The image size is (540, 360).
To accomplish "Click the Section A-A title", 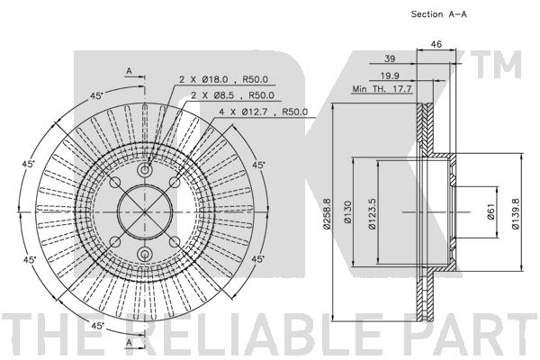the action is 439,14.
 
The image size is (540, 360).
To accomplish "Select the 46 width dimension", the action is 436,44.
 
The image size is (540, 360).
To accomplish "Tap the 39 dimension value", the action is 390,58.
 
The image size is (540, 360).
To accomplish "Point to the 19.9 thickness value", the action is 390,76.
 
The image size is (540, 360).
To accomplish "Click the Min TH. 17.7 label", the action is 382,89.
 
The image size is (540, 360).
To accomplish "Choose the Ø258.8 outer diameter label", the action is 327,213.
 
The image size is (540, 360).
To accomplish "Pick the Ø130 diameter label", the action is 347,211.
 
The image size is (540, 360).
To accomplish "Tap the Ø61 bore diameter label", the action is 490,211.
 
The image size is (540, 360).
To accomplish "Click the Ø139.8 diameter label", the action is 515,213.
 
